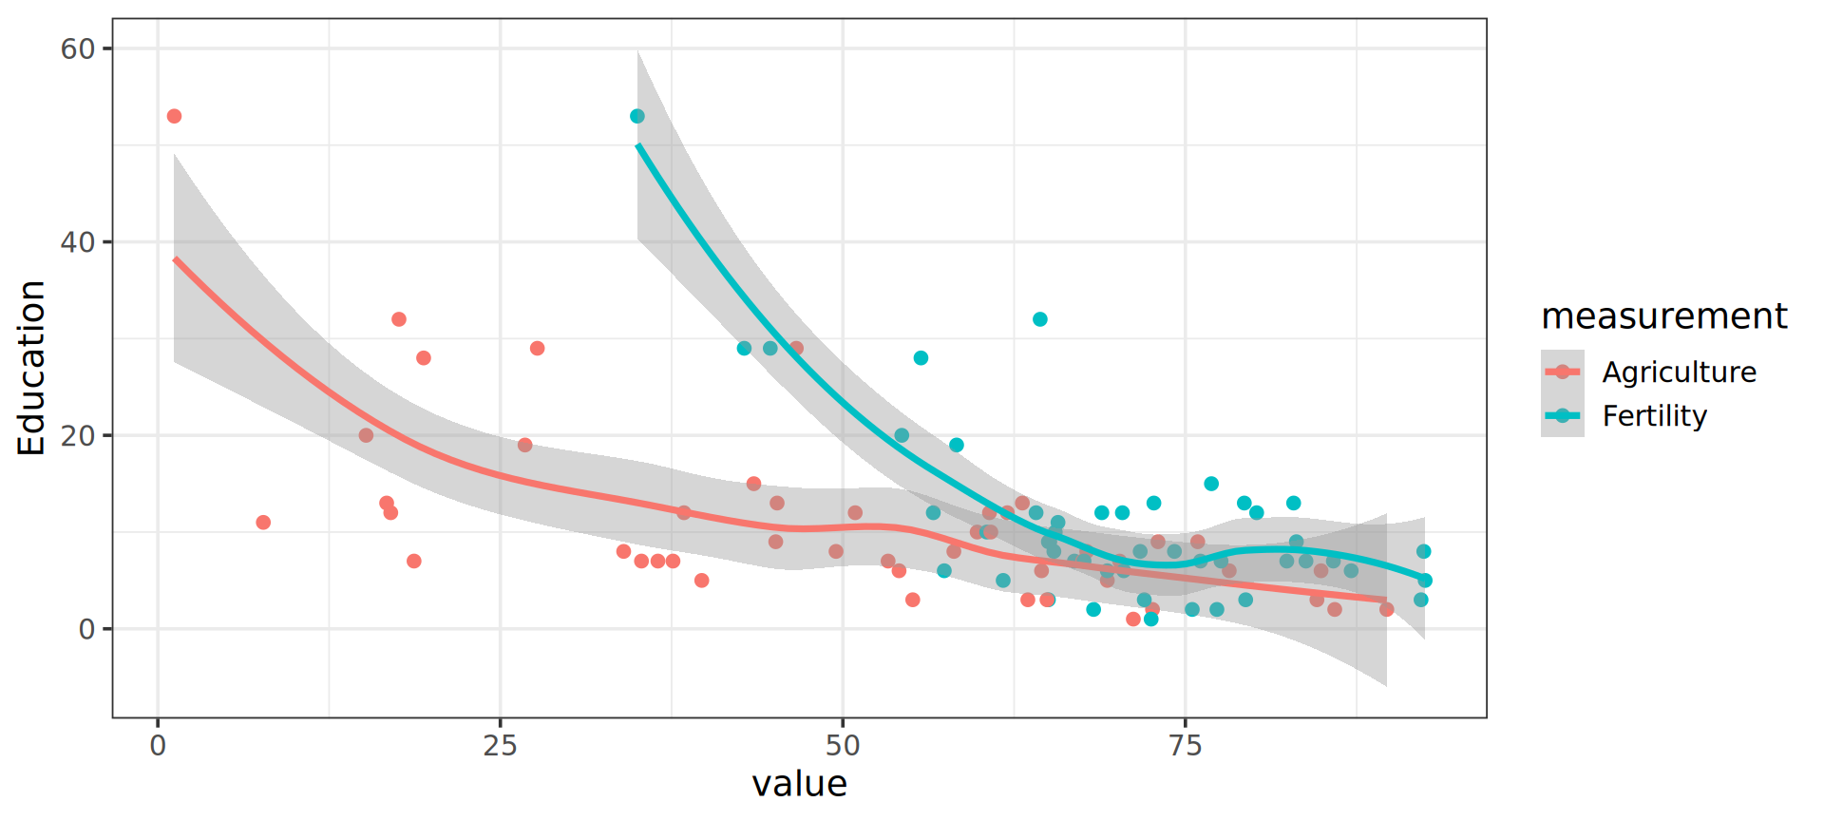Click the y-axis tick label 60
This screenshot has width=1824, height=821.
tap(78, 48)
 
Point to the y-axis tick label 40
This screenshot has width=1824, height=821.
tap(78, 242)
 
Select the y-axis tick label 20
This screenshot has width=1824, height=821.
tap(78, 435)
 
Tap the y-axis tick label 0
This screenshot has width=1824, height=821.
tap(86, 629)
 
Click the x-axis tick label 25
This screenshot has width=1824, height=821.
tap(500, 746)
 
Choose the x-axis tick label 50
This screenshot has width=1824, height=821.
tap(843, 746)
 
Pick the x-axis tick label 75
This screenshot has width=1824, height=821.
tap(1186, 746)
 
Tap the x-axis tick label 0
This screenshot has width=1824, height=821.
tap(158, 746)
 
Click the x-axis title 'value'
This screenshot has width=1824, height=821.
tap(799, 784)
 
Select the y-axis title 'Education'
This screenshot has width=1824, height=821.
tap(31, 368)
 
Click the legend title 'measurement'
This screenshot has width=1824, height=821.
tap(1663, 315)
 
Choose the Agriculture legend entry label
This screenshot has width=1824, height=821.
tap(1679, 372)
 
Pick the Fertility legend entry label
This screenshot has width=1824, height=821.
tap(1654, 415)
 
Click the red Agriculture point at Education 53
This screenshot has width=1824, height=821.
tap(174, 116)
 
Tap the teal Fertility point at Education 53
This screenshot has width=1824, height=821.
tap(637, 116)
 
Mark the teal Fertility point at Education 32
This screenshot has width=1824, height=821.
tap(1040, 319)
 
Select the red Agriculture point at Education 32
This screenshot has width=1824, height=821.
tap(399, 319)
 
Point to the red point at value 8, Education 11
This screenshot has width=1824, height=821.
tap(263, 523)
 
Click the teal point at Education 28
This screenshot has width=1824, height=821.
tap(921, 358)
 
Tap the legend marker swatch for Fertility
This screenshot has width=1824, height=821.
tap(1562, 415)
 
